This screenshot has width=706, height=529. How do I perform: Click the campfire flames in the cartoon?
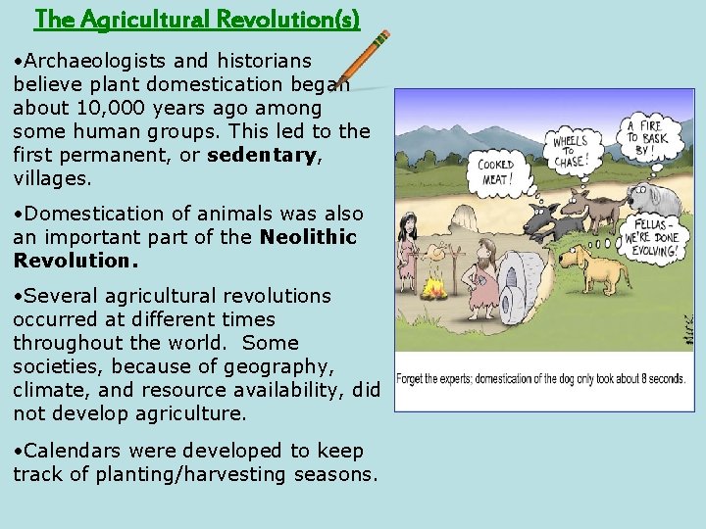[x=433, y=288]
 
